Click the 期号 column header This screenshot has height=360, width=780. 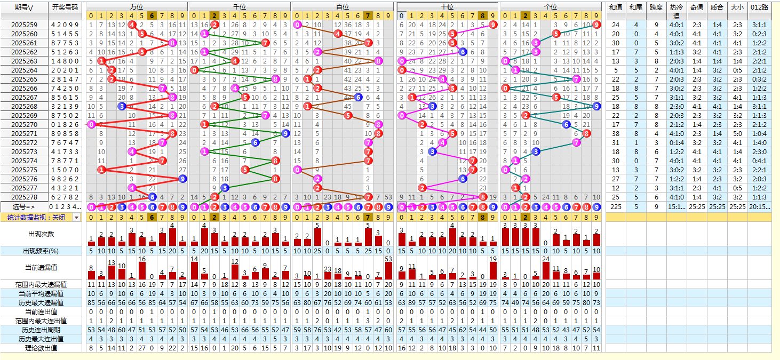24,7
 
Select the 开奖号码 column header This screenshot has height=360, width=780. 65,7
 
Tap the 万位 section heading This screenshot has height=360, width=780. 137,6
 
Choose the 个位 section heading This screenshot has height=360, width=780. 551,6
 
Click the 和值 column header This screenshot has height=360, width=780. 616,7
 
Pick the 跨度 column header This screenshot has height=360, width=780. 656,7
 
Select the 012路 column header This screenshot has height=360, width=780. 759,7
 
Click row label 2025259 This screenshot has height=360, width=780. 24,25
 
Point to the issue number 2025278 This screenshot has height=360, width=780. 24,197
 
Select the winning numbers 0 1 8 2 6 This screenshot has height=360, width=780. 65,125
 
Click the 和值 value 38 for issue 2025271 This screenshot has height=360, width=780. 616,134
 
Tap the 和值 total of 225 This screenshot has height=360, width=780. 616,207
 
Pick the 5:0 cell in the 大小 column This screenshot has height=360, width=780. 737,134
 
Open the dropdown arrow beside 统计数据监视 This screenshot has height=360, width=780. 77,218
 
